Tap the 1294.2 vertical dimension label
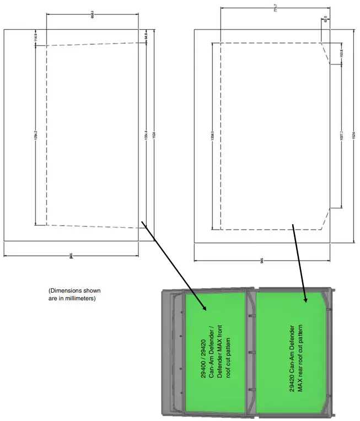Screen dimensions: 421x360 coord(36,134)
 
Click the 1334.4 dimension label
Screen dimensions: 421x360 coord(146,134)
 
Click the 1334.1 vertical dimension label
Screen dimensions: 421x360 coord(212,134)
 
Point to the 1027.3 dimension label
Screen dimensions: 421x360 coord(342,134)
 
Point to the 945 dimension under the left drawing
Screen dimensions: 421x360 coord(71,255)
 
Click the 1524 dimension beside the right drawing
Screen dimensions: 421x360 coord(352,134)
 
